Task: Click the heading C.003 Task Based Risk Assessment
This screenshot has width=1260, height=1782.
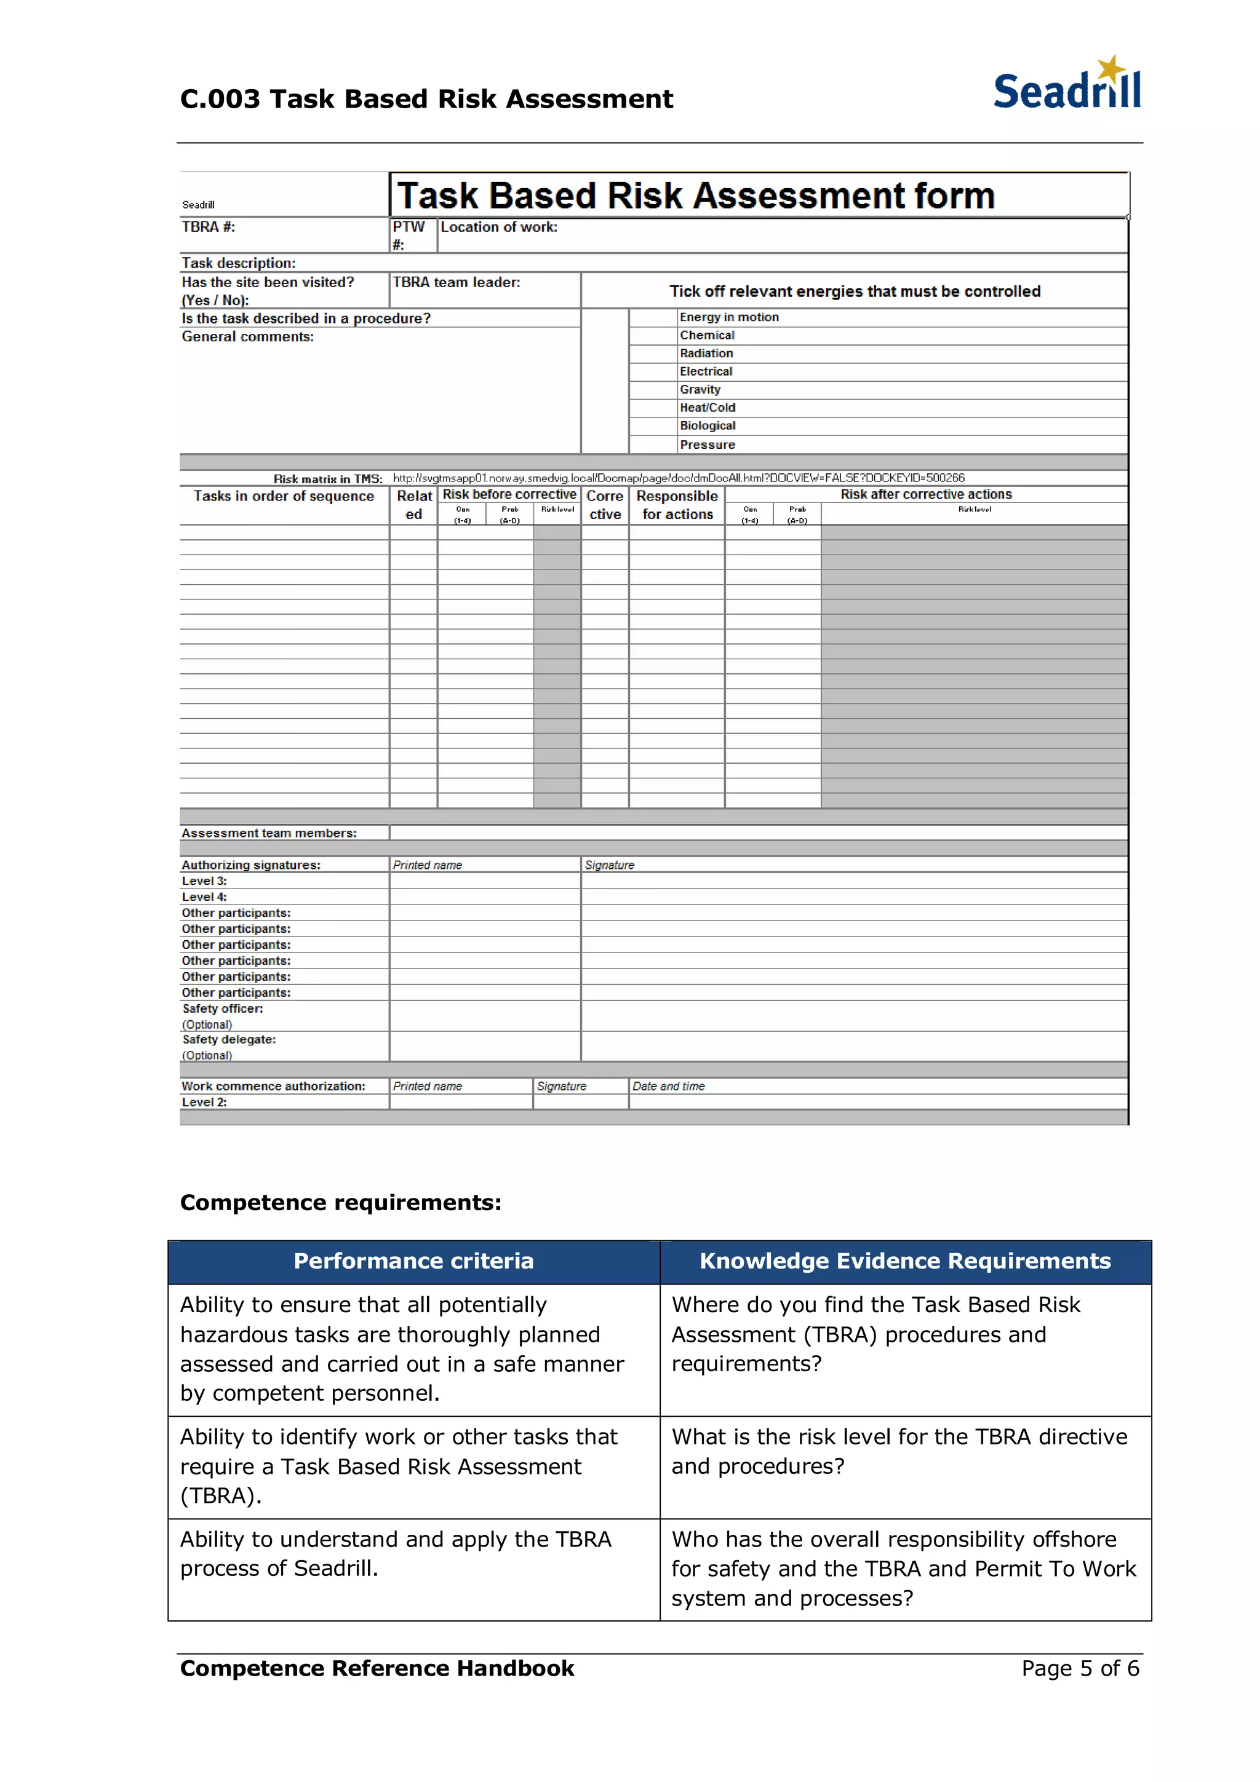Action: [426, 100]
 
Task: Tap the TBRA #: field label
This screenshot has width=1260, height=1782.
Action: [208, 228]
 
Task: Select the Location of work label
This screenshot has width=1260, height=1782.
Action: [498, 228]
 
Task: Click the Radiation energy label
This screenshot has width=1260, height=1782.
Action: [706, 353]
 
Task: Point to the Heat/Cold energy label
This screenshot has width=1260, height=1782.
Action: [708, 408]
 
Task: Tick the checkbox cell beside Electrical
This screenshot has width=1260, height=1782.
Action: [652, 372]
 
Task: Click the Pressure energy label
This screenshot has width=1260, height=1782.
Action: [708, 445]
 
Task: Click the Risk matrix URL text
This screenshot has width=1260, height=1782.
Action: [678, 478]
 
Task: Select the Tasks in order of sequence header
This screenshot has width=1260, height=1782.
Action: [284, 497]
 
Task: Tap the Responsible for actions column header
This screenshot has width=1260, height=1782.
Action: [677, 505]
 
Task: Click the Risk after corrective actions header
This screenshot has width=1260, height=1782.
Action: [925, 494]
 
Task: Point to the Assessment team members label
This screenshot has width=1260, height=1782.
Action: [269, 833]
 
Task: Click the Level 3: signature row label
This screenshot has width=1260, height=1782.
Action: [204, 881]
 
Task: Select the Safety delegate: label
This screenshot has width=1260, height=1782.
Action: [229, 1039]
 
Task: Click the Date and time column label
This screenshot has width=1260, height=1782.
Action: [668, 1087]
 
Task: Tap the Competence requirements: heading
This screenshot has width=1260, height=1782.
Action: [340, 1202]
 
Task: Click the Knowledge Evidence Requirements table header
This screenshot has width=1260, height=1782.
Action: [904, 1261]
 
